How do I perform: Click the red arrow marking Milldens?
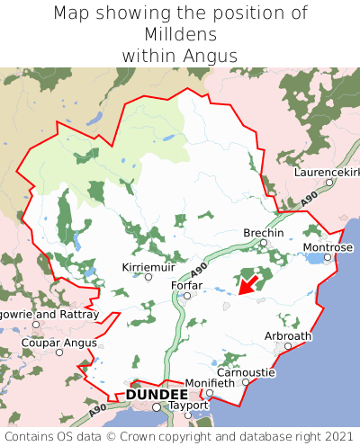pos(247,285)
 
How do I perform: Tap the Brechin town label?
pos(264,233)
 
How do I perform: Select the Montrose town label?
pos(328,247)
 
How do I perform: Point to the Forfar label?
pos(186,286)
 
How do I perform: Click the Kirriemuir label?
pos(148,267)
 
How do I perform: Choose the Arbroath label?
pos(288,335)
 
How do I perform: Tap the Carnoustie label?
pos(246,371)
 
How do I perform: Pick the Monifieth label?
pos(210,382)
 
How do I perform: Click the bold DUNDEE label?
pos(157,395)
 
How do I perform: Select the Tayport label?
pos(188,406)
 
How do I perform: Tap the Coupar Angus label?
pos(59,342)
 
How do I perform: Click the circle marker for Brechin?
pos(264,243)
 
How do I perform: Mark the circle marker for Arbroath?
pos(288,345)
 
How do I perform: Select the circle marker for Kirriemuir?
pos(148,277)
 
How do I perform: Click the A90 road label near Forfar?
pos(200,268)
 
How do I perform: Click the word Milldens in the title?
pos(180,34)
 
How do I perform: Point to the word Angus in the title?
pos(212,56)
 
